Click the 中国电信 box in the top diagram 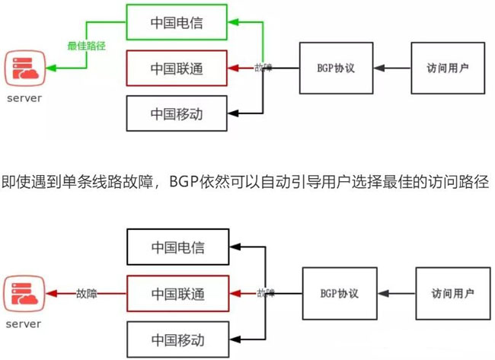[x=176, y=22]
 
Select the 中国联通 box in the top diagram [x=176, y=68]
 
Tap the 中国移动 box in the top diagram [x=176, y=115]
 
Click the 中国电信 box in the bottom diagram [x=177, y=247]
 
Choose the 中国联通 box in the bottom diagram [x=177, y=293]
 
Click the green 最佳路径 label [x=85, y=46]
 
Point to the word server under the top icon [x=24, y=99]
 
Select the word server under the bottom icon [x=24, y=324]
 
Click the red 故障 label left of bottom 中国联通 [x=86, y=293]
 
